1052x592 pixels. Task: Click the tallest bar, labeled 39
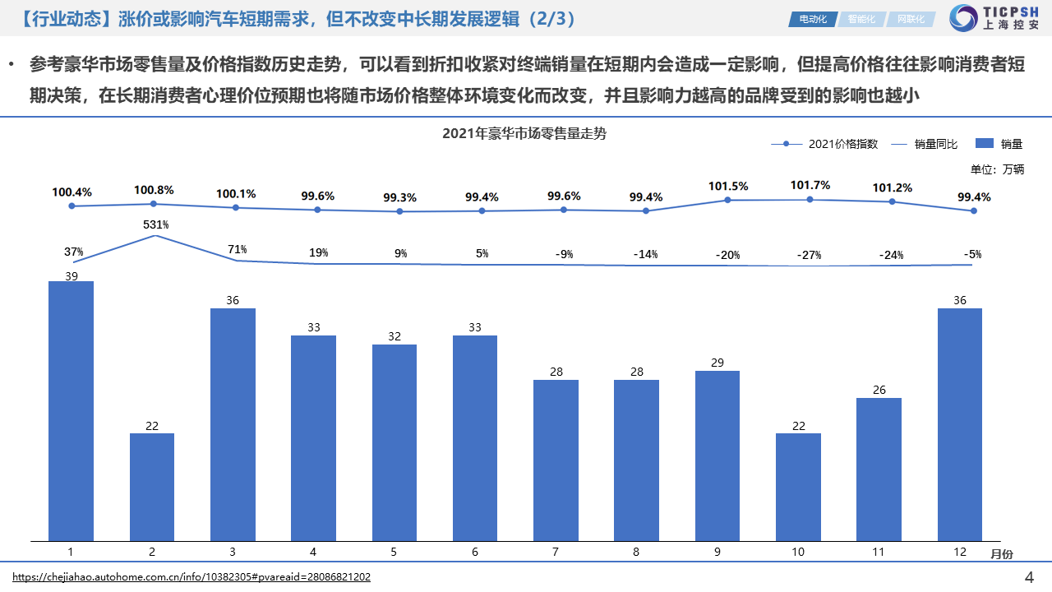point(72,411)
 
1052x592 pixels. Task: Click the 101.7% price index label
point(810,185)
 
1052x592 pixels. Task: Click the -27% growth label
point(809,255)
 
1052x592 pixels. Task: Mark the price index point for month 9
point(728,200)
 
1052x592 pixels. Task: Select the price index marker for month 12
point(974,210)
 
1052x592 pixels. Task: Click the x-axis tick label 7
point(556,552)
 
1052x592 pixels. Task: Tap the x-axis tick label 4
point(313,552)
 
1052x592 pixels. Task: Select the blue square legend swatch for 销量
point(984,144)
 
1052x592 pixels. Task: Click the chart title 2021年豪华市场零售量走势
point(524,133)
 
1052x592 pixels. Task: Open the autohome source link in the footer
point(191,577)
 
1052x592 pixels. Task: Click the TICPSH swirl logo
point(962,18)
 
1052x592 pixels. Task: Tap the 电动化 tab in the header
point(812,19)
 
